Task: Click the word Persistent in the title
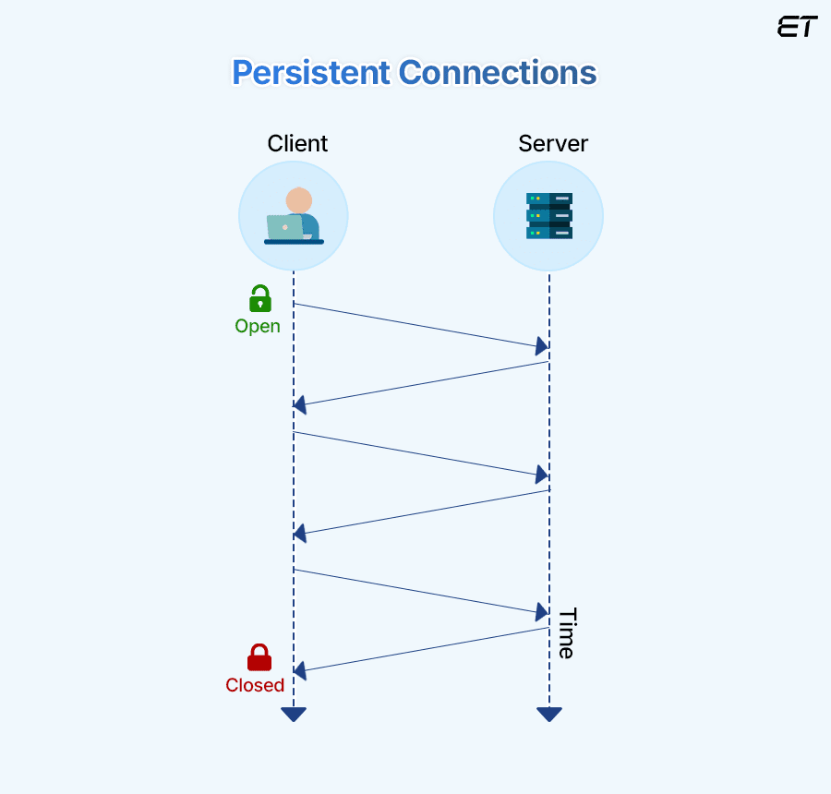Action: coord(309,73)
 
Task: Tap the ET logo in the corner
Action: coord(797,27)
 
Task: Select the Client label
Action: coord(297,144)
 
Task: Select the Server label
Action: coord(553,144)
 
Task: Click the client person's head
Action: coord(298,200)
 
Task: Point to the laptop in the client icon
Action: coord(284,227)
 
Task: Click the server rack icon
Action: coord(549,216)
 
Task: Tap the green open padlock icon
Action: coord(260,299)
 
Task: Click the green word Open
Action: coord(258,326)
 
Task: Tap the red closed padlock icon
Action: coord(259,657)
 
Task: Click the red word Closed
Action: coord(255,685)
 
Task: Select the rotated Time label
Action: coord(566,633)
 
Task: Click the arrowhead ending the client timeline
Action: coord(294,714)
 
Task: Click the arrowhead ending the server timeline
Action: coord(549,714)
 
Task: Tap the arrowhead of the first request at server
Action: coord(542,346)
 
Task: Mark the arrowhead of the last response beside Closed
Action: coord(300,671)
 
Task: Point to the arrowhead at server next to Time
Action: coord(542,612)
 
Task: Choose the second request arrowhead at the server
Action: coord(542,475)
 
